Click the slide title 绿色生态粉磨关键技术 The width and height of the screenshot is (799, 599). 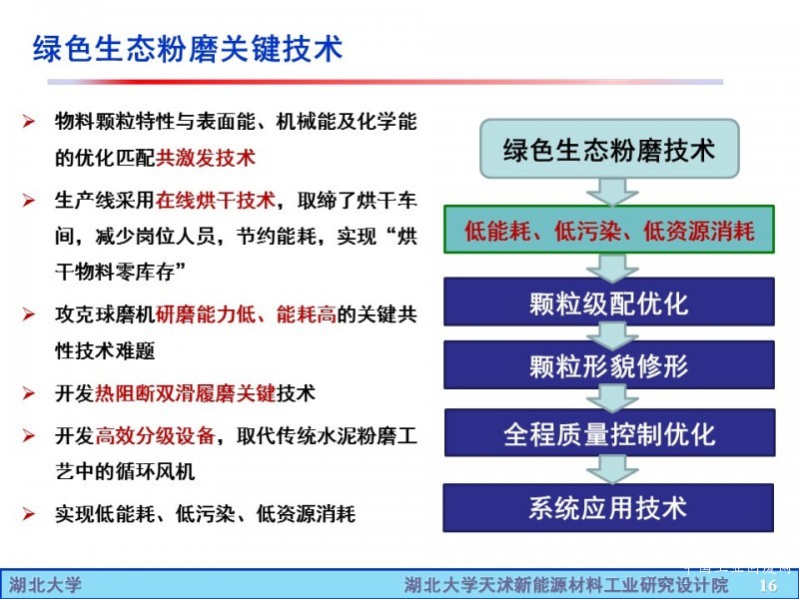click(x=188, y=48)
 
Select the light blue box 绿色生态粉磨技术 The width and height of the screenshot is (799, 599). click(x=609, y=149)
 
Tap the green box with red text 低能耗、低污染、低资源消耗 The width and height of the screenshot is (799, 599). click(x=609, y=230)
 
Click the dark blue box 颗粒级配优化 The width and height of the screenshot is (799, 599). click(x=609, y=302)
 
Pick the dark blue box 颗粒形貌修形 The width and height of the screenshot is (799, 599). click(x=609, y=364)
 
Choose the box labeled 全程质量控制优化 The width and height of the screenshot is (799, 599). click(x=609, y=432)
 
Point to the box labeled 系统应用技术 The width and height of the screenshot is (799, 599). click(x=608, y=508)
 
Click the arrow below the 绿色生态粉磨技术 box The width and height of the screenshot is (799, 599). click(x=612, y=192)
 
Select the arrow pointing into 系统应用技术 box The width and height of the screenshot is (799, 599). click(x=612, y=469)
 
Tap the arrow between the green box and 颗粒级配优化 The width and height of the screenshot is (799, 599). click(x=612, y=267)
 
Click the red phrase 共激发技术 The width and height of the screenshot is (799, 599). click(x=206, y=158)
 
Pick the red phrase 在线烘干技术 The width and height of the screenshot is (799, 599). click(x=216, y=200)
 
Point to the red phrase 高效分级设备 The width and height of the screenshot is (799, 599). click(x=155, y=435)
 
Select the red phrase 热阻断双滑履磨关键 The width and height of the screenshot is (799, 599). click(x=186, y=393)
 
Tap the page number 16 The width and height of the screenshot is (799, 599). click(x=768, y=585)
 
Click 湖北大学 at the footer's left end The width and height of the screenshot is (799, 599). click(x=45, y=585)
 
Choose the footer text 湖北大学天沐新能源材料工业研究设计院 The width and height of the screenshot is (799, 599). click(x=566, y=585)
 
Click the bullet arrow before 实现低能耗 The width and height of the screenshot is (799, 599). click(x=29, y=514)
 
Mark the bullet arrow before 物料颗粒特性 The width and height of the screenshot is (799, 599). click(x=29, y=122)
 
